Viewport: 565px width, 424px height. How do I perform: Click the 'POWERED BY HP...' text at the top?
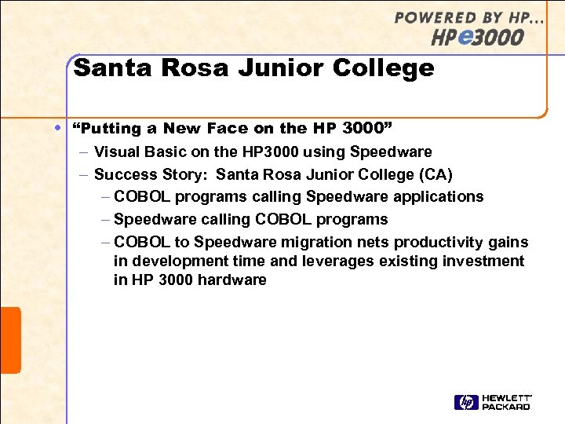(468, 18)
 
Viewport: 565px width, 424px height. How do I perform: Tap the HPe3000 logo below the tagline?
(478, 37)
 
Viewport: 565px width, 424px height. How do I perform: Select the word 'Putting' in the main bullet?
(107, 128)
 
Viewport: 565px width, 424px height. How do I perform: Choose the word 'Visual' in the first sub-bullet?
(116, 152)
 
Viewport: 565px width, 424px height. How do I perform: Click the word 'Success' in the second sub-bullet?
(122, 174)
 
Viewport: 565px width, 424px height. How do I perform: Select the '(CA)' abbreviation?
(436, 174)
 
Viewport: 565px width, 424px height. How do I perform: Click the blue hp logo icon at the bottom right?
(465, 403)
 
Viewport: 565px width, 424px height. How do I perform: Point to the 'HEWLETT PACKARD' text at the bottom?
(506, 403)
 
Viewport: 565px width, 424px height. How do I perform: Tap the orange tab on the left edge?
(10, 340)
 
